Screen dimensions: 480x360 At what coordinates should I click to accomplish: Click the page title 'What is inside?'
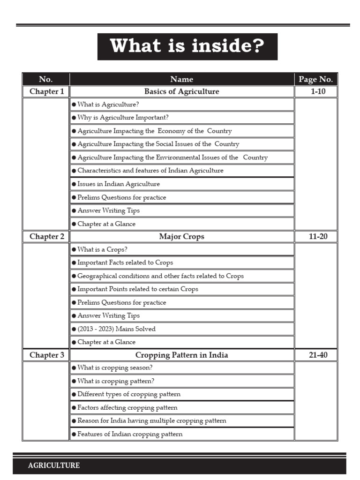[187, 46]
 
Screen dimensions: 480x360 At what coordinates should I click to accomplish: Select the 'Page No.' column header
[315, 79]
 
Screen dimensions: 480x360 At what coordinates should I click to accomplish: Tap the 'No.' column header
[46, 79]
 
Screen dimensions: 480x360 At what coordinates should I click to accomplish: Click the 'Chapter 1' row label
[46, 91]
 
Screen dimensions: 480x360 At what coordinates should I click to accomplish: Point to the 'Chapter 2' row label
[46, 237]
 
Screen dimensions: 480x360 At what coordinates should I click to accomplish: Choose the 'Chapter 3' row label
[46, 355]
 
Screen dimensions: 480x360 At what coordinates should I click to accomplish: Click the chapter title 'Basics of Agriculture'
[181, 91]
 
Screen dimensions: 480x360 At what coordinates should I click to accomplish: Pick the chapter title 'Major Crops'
[181, 237]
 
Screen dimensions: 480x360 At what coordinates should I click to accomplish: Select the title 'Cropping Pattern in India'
[181, 355]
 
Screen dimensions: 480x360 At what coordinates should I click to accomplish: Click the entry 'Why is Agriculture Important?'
[123, 118]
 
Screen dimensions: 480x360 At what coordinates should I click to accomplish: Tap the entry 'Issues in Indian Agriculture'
[118, 184]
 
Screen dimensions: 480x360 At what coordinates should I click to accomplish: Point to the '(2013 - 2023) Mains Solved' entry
[116, 329]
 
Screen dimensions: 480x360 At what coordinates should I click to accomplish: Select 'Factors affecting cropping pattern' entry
[127, 408]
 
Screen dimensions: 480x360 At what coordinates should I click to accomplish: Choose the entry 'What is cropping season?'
[115, 368]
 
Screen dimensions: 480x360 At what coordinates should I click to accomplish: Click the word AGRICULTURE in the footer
[54, 465]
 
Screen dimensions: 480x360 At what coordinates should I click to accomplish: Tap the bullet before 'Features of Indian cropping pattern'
[74, 435]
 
